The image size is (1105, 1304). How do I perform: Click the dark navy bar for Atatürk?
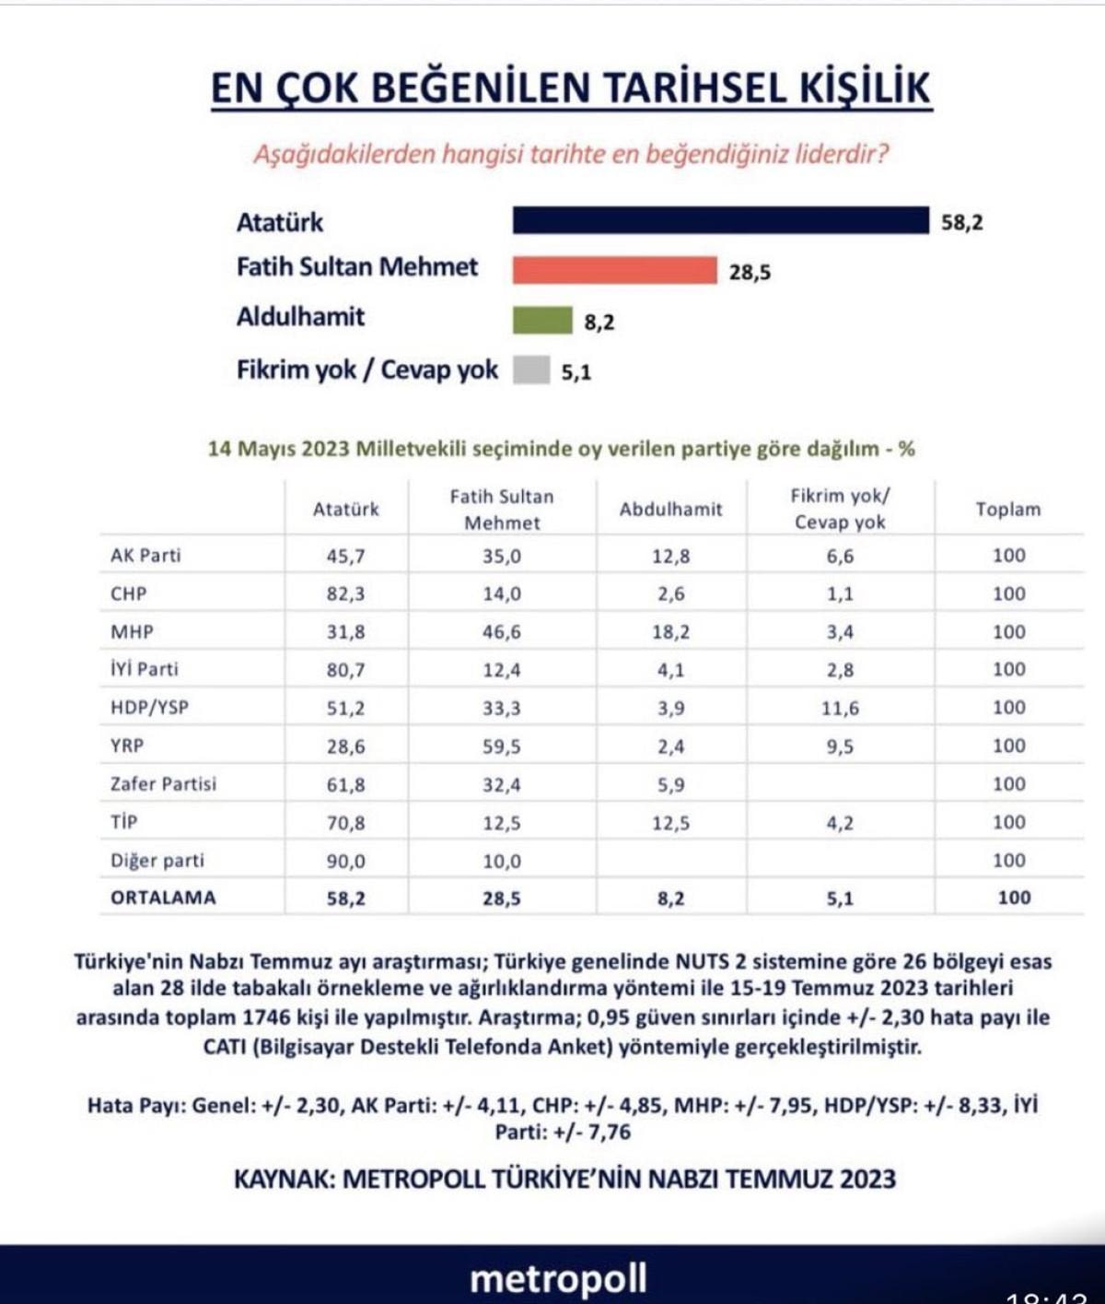coord(720,221)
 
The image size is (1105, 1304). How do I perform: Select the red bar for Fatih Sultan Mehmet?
coord(614,270)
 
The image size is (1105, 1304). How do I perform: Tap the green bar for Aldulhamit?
coord(542,320)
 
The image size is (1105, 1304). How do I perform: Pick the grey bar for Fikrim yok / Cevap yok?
coord(531,370)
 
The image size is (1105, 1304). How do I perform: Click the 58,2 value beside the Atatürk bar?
coord(961,223)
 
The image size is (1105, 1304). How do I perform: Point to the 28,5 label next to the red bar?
coord(750,273)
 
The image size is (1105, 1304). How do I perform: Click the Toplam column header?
coord(1007,509)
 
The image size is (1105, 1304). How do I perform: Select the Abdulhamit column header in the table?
coord(670,509)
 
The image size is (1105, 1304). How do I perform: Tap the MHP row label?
coord(132,631)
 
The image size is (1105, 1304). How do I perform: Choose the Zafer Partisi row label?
coord(163,783)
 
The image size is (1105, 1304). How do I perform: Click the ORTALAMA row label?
coord(163,898)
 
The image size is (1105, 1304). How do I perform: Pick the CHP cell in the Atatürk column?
coord(345,594)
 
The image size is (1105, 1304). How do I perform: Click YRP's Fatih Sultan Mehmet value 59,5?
coord(502,746)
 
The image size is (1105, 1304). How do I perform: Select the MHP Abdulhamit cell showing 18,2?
coord(671,632)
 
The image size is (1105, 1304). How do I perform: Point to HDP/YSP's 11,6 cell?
coord(840,708)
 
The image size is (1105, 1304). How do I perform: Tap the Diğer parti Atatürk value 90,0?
coord(345,861)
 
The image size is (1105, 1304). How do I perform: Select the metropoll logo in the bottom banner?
coord(558,1278)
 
